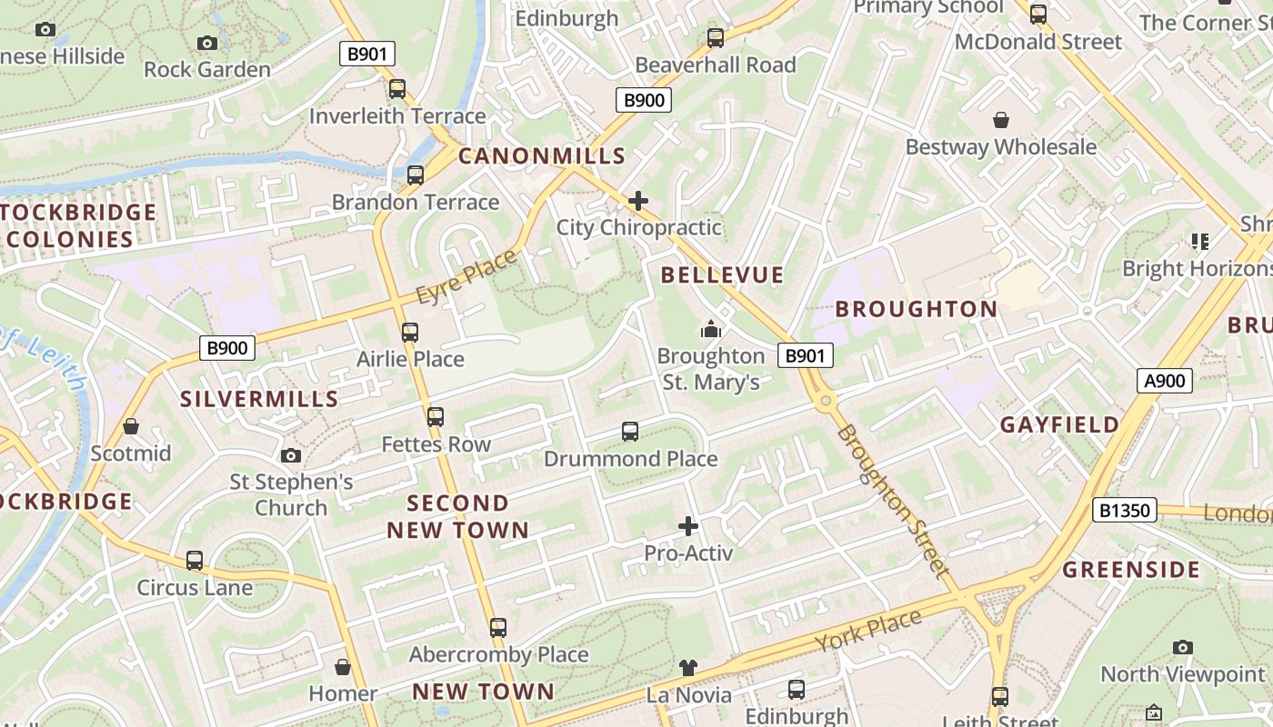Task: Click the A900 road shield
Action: (1165, 380)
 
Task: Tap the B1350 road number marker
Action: (1125, 510)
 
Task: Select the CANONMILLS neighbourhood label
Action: (542, 155)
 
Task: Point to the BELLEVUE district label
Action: (722, 274)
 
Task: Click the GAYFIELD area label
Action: (1060, 424)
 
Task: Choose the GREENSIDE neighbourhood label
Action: (1132, 570)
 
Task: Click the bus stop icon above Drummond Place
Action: (630, 432)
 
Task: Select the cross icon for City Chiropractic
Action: (638, 200)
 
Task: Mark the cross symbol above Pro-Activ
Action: (688, 525)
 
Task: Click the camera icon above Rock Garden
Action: (207, 43)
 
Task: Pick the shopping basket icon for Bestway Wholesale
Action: (1001, 120)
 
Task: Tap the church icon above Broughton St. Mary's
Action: (711, 328)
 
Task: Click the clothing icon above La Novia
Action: (688, 668)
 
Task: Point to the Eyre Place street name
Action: (466, 276)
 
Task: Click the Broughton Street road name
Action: (893, 501)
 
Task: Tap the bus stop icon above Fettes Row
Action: (436, 417)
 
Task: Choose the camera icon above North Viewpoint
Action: (1182, 647)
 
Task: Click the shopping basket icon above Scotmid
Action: (131, 426)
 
